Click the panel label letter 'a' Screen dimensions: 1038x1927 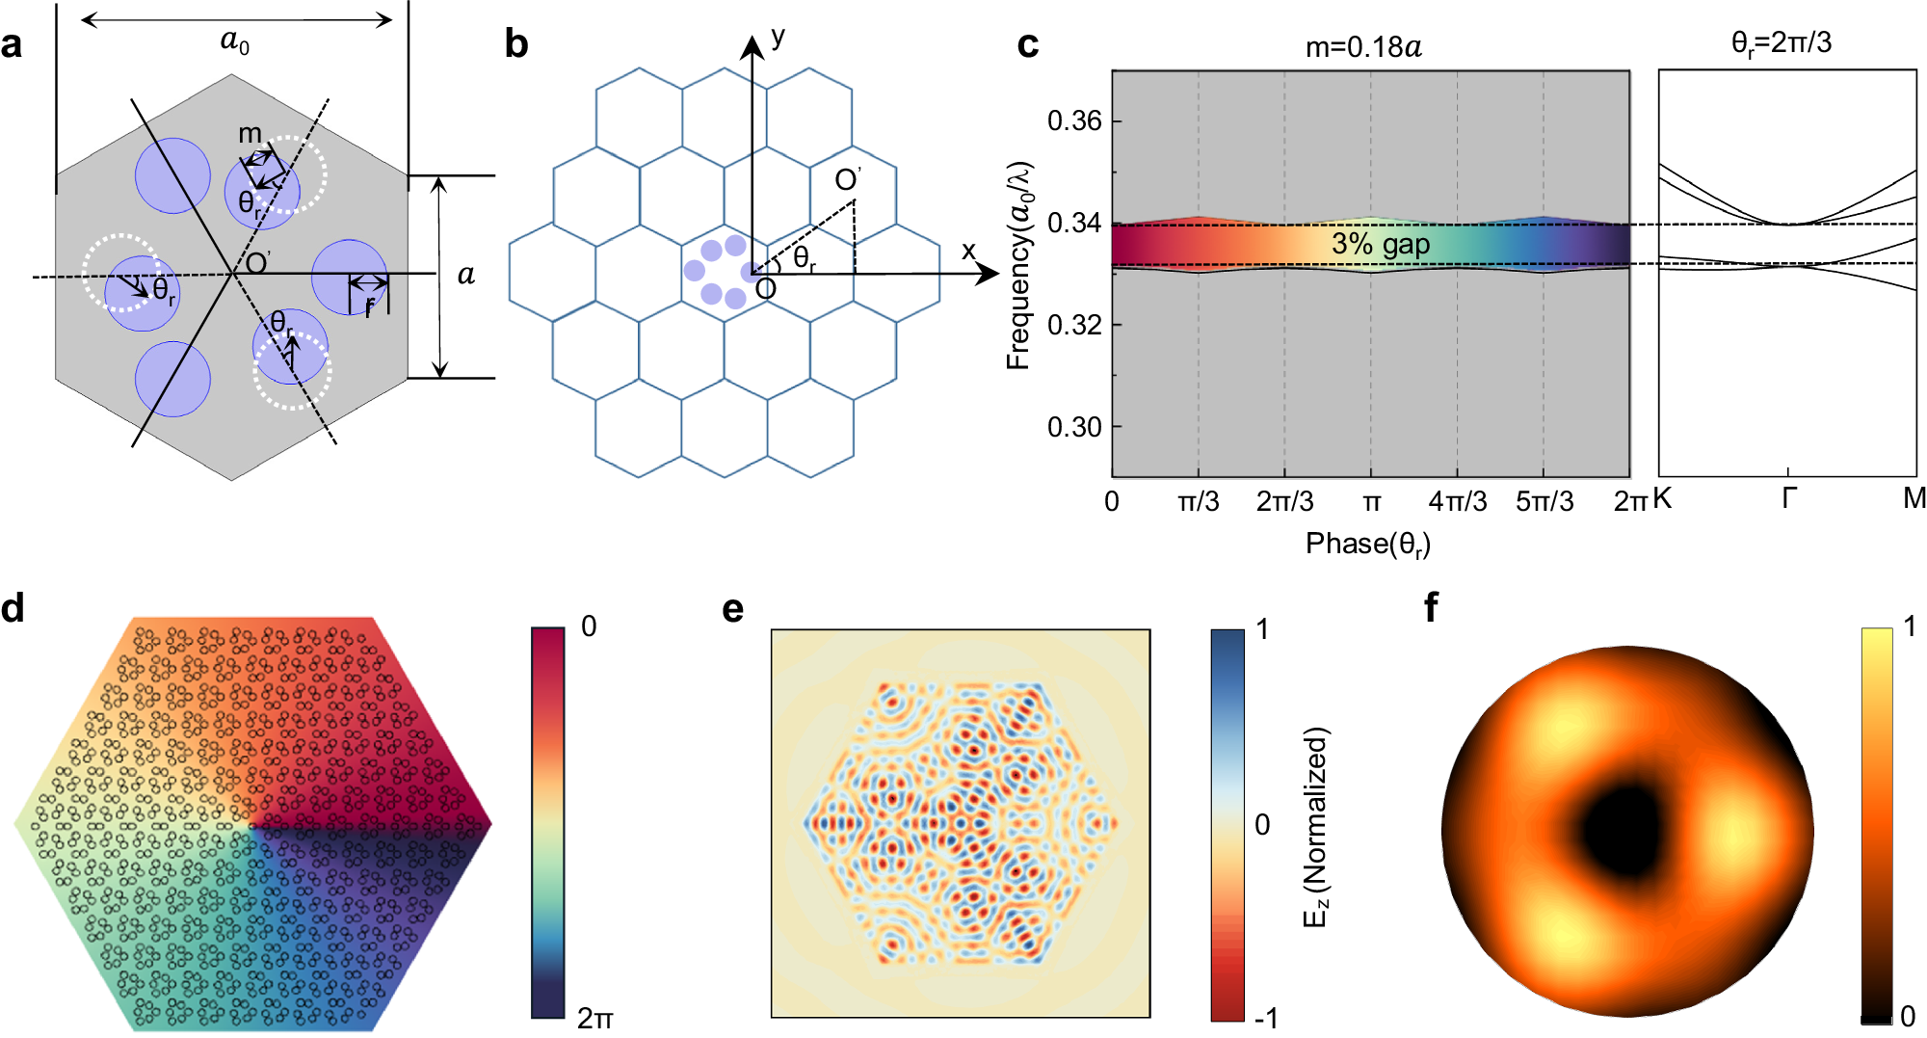coord(13,45)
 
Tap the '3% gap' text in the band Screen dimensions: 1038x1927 coord(1380,245)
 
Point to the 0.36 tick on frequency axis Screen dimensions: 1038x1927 coord(1073,121)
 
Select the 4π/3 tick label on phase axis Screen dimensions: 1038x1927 coord(1457,501)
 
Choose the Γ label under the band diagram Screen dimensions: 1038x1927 coord(1788,499)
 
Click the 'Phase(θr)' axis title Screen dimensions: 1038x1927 coord(1367,545)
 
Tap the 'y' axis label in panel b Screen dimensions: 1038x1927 coord(778,38)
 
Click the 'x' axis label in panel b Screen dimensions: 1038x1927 coord(968,252)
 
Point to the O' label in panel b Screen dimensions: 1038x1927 coord(847,179)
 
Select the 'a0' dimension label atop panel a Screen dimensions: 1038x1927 coord(235,41)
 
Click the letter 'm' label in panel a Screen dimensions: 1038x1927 coord(250,133)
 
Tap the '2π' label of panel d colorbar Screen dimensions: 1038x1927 coord(594,1018)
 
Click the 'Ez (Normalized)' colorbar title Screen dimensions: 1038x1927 coord(1316,826)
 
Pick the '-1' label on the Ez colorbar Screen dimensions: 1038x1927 coord(1266,1018)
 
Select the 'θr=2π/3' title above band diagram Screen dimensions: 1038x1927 coord(1781,42)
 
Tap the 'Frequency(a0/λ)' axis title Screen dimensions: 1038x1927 coord(1019,265)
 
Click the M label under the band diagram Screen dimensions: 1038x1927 coord(1914,499)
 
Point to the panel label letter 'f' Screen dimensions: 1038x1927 coord(1432,607)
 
